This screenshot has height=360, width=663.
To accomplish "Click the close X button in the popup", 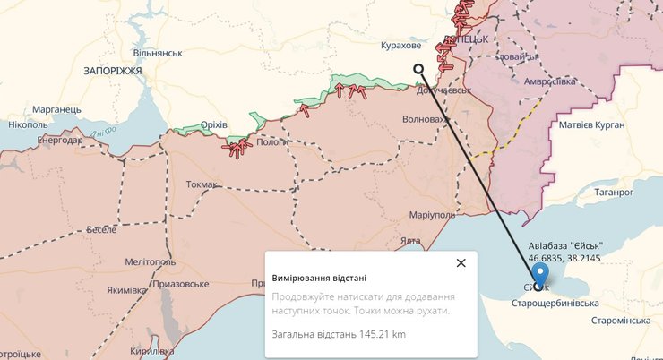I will [461, 262].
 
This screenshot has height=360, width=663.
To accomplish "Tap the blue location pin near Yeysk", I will [540, 276].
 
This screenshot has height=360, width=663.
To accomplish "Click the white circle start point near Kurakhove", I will [418, 69].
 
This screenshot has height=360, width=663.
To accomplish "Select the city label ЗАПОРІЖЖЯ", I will [113, 70].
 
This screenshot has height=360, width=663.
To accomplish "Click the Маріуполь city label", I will [432, 215].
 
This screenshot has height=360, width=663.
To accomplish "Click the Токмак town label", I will [202, 184].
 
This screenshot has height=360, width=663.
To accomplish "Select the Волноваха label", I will [426, 118].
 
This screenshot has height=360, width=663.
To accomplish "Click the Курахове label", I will [400, 46].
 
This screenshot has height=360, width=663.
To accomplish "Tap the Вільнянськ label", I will [158, 53].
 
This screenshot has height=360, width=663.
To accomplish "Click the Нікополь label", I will [27, 125].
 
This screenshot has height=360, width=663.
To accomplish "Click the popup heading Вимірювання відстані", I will [319, 279].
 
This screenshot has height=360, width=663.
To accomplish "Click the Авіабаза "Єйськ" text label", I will [565, 246].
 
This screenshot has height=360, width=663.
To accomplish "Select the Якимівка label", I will [127, 289].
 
